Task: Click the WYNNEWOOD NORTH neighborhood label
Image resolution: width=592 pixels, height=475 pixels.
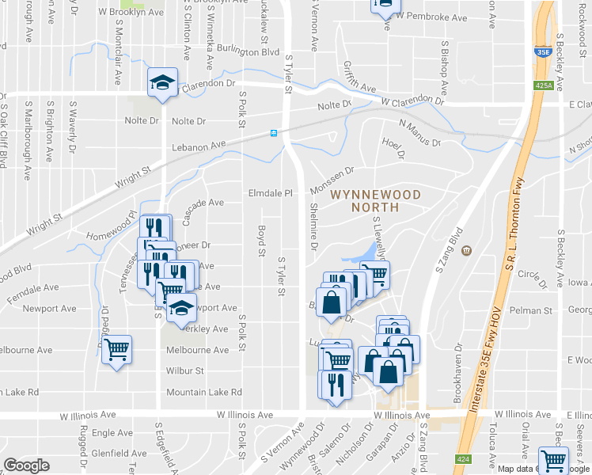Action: click(x=375, y=200)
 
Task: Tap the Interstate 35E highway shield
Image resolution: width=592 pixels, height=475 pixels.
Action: click(x=543, y=51)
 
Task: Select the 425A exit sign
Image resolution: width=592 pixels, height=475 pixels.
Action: click(x=543, y=85)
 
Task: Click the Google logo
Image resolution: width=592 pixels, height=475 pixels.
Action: click(x=26, y=465)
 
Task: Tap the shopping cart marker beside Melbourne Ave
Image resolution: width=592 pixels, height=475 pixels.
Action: click(x=116, y=349)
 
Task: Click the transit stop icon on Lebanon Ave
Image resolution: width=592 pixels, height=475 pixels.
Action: click(x=274, y=132)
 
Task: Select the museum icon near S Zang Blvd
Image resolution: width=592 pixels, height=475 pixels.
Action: click(x=467, y=251)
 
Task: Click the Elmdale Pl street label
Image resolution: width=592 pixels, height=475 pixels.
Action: click(x=271, y=192)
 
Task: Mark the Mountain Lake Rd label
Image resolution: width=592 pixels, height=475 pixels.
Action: click(x=203, y=392)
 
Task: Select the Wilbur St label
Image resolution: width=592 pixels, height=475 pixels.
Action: click(x=185, y=370)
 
